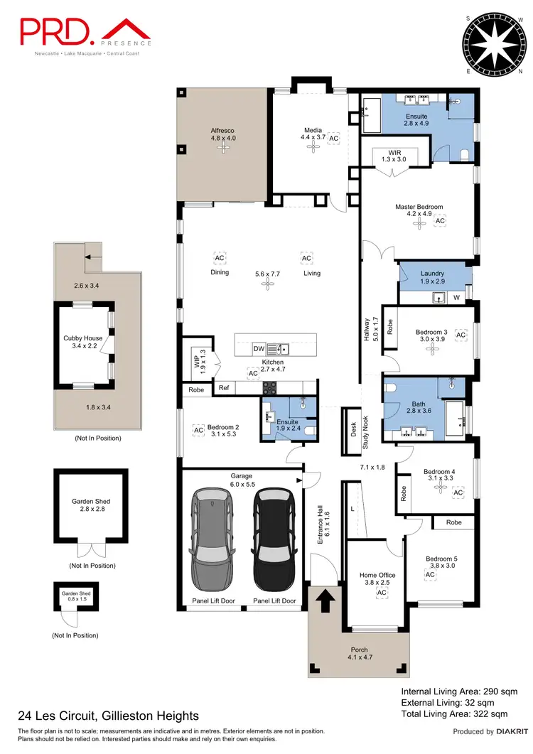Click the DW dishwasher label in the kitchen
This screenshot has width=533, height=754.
[x=260, y=349]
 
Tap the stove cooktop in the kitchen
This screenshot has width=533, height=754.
[x=271, y=388]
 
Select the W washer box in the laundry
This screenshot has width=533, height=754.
[x=456, y=298]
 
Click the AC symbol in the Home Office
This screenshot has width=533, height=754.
[x=382, y=593]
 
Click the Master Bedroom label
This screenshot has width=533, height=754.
[x=419, y=208]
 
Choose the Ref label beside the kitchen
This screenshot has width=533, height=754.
[x=224, y=388]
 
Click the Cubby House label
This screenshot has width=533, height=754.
[x=82, y=338]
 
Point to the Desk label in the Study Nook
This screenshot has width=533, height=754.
[x=353, y=431]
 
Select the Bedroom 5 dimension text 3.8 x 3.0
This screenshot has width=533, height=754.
[x=440, y=566]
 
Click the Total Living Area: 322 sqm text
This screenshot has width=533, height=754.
[x=454, y=713]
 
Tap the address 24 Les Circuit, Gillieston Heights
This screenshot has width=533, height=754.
[x=108, y=716]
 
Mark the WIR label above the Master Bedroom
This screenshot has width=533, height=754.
[x=396, y=152]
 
